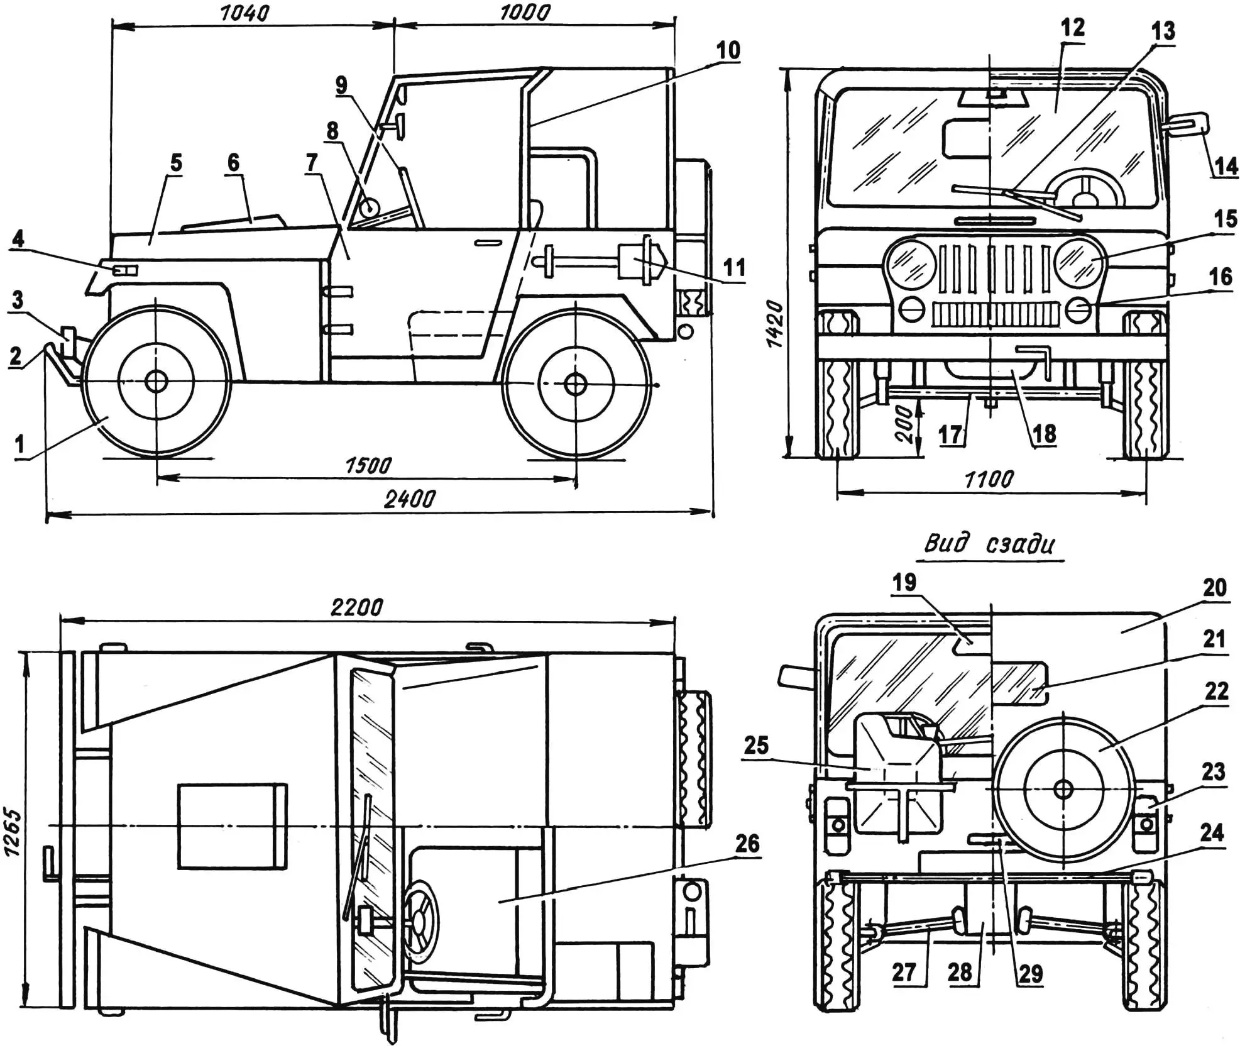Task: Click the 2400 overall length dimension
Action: (x=409, y=499)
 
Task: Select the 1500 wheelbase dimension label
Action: (x=368, y=465)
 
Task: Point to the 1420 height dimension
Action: (x=776, y=324)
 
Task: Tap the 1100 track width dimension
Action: (x=989, y=480)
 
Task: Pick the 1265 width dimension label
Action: (x=13, y=832)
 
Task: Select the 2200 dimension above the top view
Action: (x=356, y=607)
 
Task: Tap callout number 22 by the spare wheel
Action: (x=1216, y=692)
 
